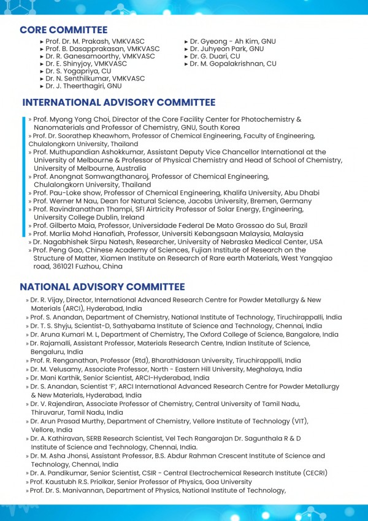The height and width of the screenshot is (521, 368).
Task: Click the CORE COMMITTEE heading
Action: [x=63, y=30]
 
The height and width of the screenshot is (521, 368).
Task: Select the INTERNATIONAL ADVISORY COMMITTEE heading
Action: [x=119, y=103]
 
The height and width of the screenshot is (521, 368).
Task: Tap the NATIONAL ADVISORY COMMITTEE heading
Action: [x=102, y=287]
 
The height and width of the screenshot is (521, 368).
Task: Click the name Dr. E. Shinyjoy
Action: [x=69, y=64]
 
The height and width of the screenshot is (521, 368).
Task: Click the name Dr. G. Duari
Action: [x=209, y=57]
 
